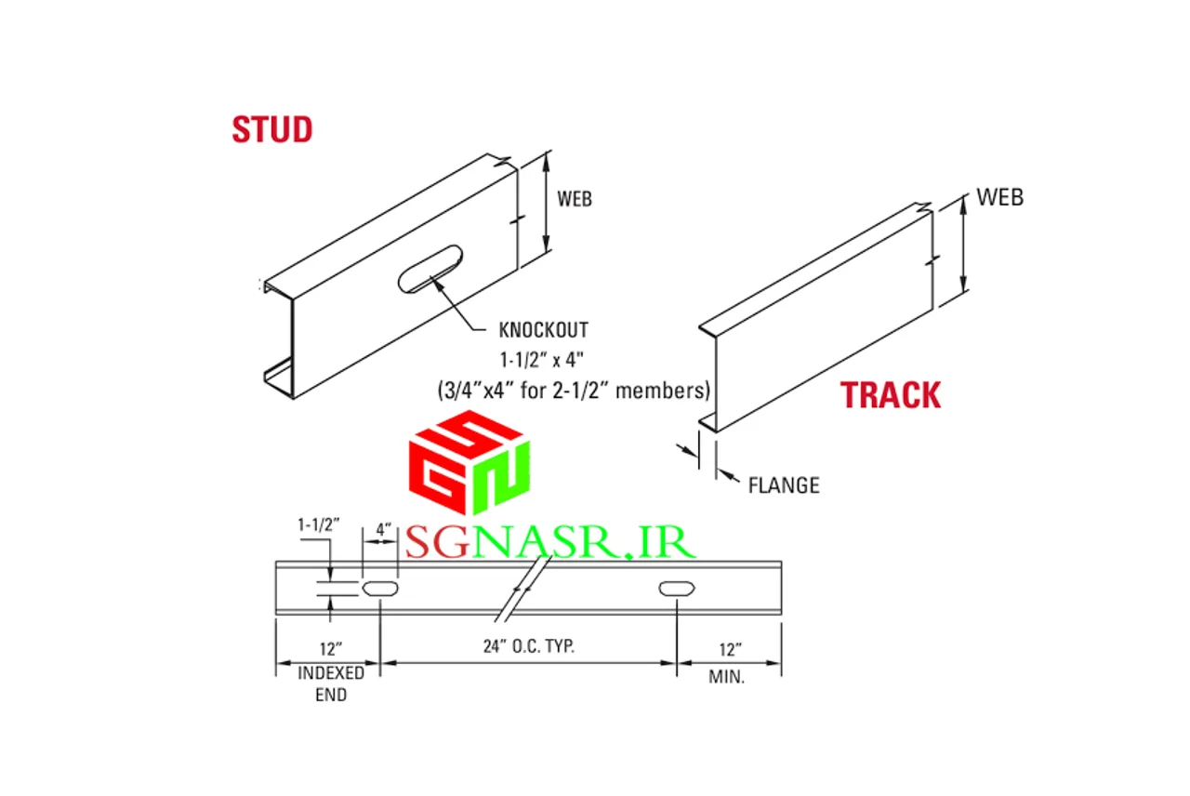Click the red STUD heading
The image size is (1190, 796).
272,129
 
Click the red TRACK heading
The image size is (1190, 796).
891,395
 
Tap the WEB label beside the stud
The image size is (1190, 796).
575,199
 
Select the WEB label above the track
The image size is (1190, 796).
999,197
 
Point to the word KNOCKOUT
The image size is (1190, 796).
544,330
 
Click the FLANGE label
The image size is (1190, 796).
784,485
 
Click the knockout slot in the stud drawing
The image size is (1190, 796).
430,269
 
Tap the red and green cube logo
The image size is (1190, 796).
469,462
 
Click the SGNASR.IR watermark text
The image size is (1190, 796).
550,542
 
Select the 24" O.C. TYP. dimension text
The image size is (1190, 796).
529,646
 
